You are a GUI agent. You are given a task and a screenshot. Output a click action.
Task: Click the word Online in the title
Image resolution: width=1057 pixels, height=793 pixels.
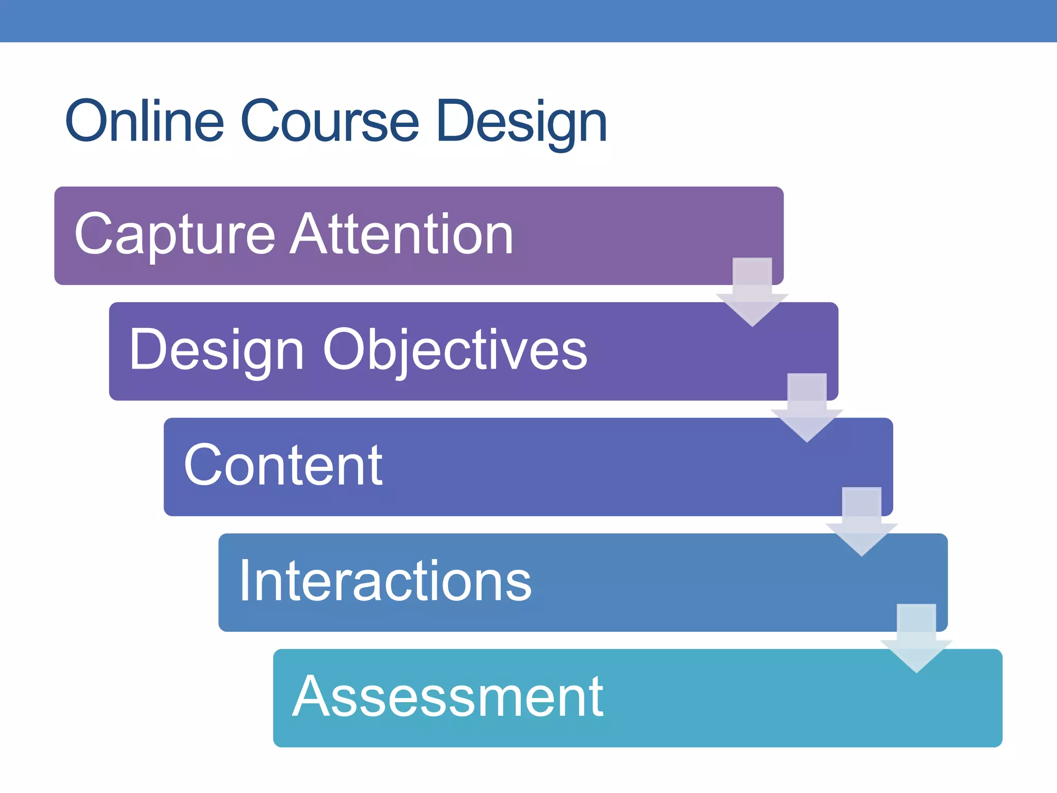(145, 121)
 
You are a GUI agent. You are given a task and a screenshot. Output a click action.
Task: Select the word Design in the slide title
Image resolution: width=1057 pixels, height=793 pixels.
(521, 123)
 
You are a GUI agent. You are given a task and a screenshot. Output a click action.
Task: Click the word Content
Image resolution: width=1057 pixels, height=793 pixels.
(283, 466)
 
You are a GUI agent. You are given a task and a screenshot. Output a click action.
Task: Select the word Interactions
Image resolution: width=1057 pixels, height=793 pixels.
(385, 581)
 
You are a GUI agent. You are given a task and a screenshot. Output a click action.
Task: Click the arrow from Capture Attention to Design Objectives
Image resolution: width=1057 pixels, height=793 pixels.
(752, 292)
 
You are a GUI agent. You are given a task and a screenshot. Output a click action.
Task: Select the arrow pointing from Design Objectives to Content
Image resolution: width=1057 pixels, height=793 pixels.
(807, 408)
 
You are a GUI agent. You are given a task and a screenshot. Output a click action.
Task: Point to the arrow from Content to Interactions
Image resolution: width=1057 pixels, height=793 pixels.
(861, 522)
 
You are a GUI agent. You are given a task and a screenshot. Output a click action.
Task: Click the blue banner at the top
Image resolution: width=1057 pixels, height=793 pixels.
(528, 21)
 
